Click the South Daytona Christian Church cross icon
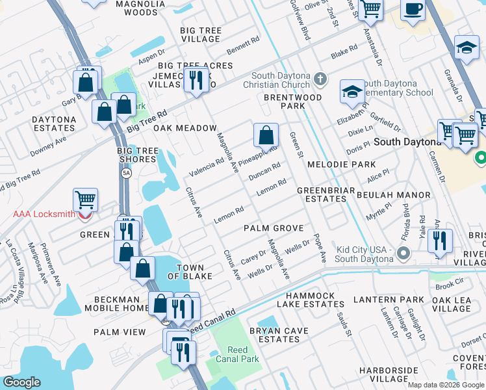[319, 79]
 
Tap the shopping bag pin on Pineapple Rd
[266, 136]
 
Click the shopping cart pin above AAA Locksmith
[85, 200]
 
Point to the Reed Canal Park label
[238, 354]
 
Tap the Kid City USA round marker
[404, 253]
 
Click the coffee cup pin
[413, 9]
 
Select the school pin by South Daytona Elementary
[352, 92]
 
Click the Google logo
[21, 382]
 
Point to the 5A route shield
[127, 173]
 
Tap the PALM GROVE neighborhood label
[274, 228]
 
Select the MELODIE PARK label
[342, 164]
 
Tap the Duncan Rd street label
[264, 172]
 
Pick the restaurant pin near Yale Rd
[441, 240]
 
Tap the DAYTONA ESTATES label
[54, 124]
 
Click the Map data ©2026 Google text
[446, 385]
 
